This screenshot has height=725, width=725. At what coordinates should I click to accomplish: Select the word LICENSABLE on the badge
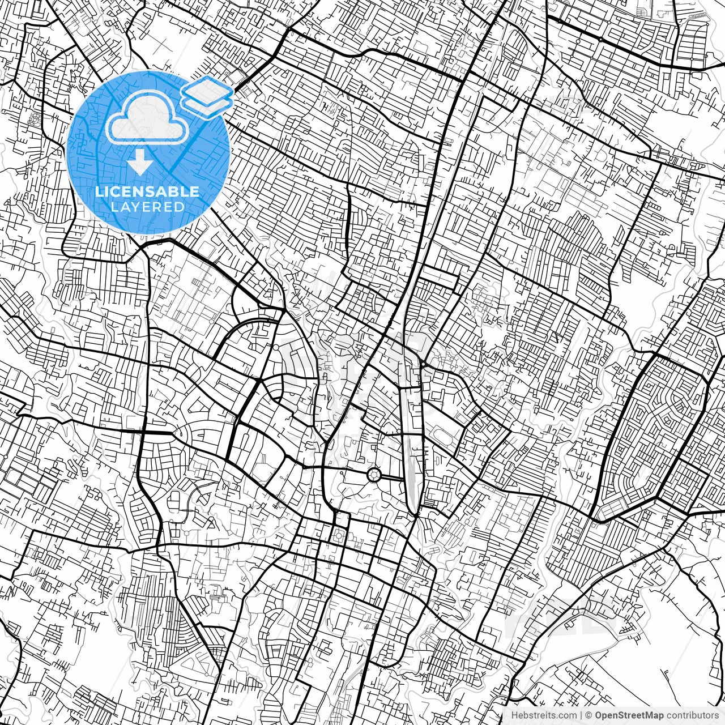(147, 191)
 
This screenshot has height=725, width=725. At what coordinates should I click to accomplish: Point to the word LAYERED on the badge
(147, 207)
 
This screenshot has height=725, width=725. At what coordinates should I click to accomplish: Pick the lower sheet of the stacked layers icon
(207, 104)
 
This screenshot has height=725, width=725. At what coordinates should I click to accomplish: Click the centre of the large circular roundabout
(374, 475)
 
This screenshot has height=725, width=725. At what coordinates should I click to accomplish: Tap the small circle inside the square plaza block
(339, 535)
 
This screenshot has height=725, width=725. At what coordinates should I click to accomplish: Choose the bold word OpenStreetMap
(629, 715)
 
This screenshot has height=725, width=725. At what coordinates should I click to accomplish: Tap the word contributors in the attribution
(692, 715)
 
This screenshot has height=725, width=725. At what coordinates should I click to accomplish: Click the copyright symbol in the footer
(588, 715)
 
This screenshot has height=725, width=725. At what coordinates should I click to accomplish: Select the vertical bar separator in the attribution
(581, 715)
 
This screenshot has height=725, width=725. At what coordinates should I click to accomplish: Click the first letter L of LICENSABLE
(99, 191)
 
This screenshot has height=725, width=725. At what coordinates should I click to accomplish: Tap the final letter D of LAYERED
(180, 207)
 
